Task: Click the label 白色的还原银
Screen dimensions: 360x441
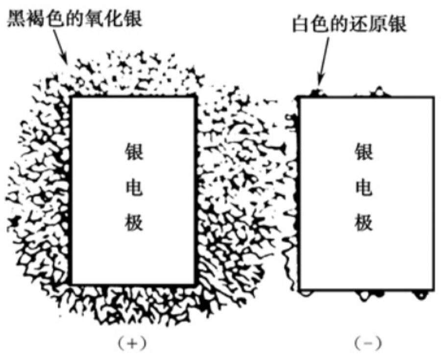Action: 349,25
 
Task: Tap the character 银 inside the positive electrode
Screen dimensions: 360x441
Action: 133,152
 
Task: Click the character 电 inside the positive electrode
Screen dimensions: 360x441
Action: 133,188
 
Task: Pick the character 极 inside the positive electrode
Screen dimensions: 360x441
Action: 133,223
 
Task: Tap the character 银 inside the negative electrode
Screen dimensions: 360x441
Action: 364,152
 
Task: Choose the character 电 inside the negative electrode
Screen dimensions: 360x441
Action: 364,188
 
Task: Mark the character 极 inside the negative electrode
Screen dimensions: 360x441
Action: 364,223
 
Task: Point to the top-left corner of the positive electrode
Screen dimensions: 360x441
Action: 73,97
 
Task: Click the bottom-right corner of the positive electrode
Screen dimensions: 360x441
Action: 195,284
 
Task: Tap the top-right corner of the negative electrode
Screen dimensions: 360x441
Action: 434,97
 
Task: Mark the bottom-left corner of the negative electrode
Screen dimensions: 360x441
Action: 300,289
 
